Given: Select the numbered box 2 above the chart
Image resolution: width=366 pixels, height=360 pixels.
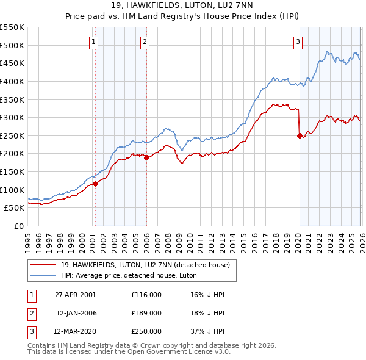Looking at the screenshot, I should [145, 42].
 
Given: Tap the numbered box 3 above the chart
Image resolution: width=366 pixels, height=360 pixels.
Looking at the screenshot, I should [298, 42].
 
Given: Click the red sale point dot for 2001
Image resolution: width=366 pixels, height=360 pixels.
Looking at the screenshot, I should [95, 184].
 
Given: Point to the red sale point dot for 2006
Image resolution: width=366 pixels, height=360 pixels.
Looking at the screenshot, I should [146, 157].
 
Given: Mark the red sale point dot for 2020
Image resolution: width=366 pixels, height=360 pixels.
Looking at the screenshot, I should [299, 135].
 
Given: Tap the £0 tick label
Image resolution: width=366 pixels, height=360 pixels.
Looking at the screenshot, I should [18, 226].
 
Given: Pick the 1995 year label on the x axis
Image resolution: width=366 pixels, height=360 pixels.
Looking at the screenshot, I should [28, 238].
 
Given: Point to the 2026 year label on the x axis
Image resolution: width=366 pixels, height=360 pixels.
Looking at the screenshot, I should [361, 238].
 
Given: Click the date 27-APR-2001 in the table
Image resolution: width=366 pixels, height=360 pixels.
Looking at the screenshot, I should [75, 295].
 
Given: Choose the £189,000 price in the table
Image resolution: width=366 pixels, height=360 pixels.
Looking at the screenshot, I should [146, 313].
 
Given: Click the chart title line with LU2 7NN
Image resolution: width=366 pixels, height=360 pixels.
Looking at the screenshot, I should [183, 6].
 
